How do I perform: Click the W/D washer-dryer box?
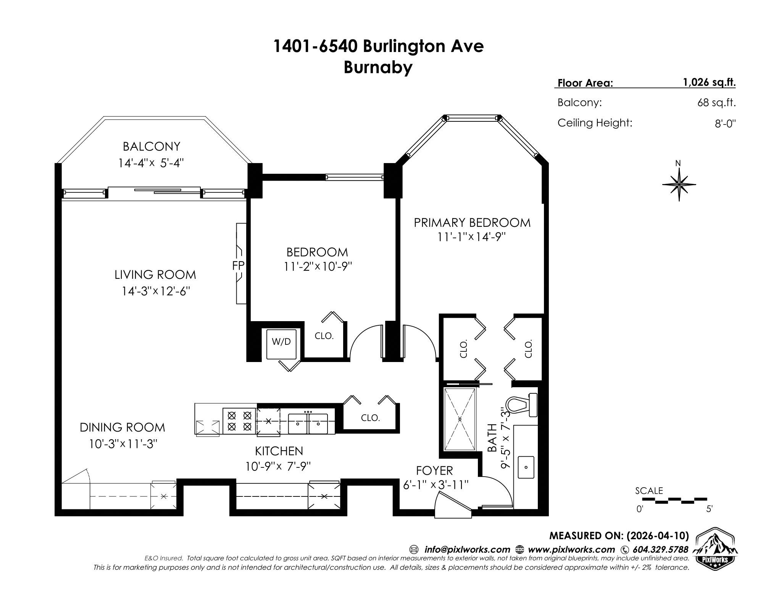281,344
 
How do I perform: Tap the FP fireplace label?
238,266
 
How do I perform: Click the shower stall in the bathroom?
460,419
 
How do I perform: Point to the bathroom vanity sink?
526,467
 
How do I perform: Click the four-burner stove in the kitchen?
239,420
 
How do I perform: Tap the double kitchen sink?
308,423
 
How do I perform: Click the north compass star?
679,184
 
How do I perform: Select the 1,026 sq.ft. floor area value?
709,82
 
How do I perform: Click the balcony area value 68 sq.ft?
716,103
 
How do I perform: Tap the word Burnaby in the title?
378,68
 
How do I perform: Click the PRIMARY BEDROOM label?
472,223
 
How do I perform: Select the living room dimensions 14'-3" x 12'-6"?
156,291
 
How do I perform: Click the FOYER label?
434,470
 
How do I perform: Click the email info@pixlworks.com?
467,550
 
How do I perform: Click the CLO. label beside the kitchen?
370,418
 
